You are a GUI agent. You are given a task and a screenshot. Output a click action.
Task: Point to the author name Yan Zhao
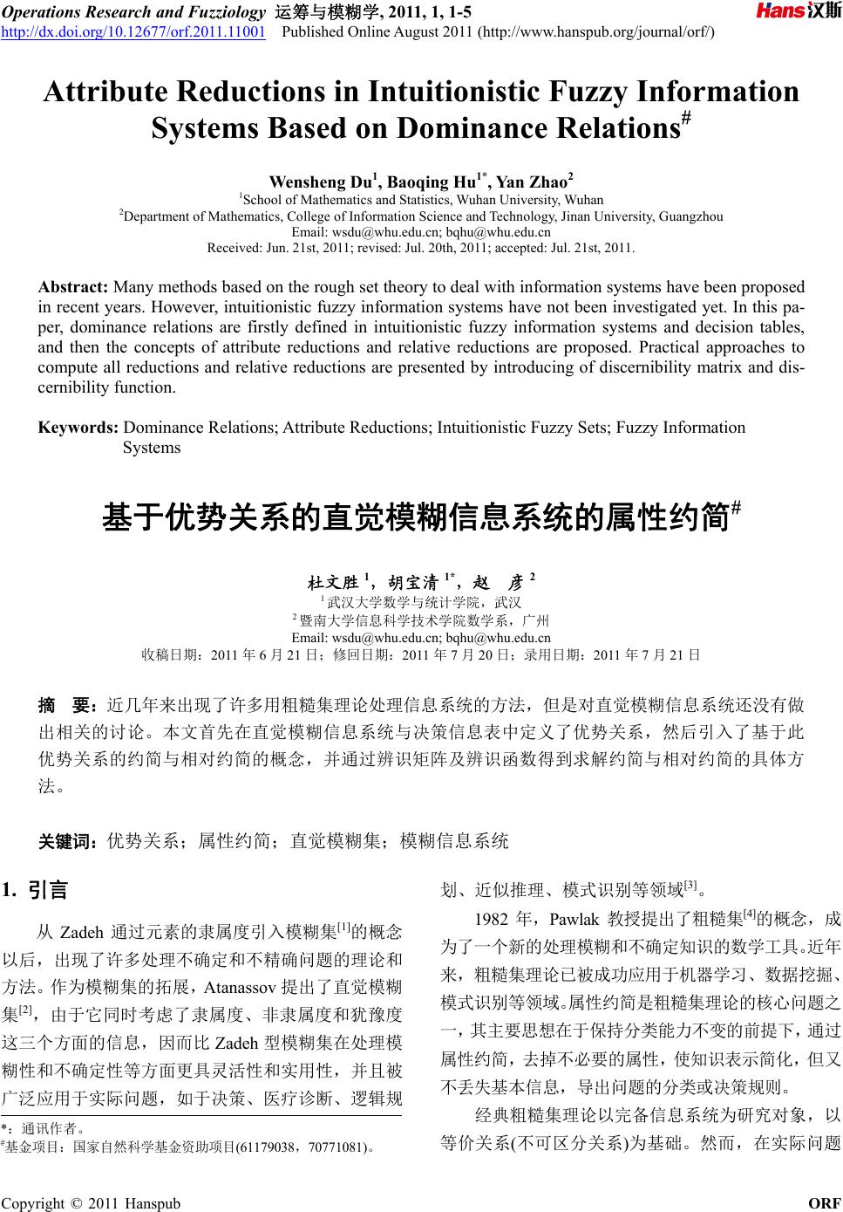534,182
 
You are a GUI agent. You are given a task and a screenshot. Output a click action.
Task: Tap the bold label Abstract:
73,287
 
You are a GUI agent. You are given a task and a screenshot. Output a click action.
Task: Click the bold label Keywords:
78,428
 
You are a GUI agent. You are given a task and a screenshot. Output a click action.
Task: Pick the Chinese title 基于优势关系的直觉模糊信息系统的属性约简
415,517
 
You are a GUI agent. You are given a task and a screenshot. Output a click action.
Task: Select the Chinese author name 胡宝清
413,582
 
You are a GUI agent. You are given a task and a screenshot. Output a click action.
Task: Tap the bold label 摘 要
66,705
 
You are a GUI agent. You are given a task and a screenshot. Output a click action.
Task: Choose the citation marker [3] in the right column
690,886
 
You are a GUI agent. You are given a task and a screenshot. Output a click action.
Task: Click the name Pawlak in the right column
574,919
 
